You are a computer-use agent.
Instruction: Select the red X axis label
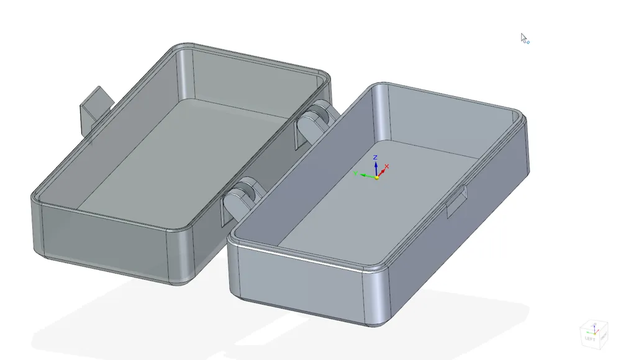tap(387, 166)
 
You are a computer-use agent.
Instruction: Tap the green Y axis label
tap(356, 174)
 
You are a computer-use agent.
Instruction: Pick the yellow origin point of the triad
tap(376, 178)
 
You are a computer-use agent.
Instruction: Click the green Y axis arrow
tap(365, 176)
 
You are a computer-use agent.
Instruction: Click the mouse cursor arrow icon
tap(524, 38)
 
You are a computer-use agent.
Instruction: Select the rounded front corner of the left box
tap(180, 258)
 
